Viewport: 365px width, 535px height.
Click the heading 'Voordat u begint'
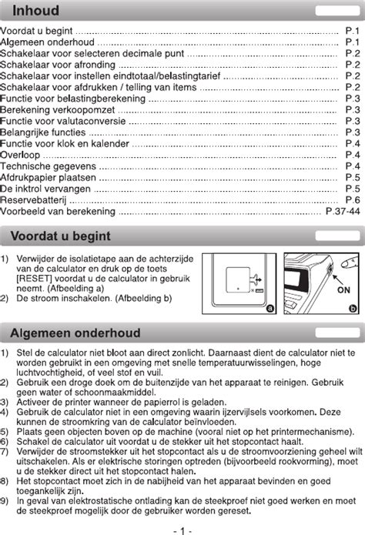click(60, 236)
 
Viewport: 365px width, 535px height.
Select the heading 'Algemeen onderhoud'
click(75, 333)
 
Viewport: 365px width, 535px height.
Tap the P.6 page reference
click(353, 199)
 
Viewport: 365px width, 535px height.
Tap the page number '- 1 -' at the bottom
click(182, 530)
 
